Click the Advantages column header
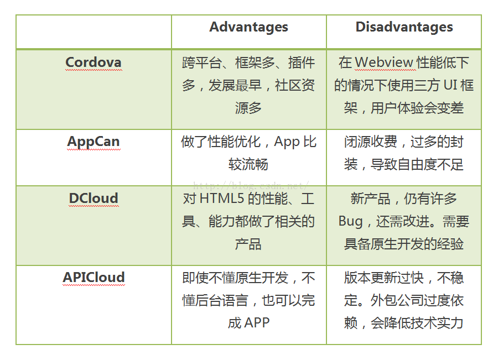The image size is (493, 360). (x=248, y=27)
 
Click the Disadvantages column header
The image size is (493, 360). (x=404, y=27)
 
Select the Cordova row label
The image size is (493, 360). (x=94, y=62)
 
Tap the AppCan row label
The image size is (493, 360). (x=94, y=142)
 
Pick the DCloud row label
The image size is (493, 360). (x=94, y=198)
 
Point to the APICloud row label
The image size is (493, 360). (x=94, y=278)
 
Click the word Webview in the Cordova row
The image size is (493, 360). (x=384, y=62)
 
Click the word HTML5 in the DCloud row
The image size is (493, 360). (x=221, y=198)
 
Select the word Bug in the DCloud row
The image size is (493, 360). (x=350, y=221)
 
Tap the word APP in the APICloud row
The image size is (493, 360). (x=257, y=322)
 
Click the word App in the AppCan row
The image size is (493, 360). (x=287, y=142)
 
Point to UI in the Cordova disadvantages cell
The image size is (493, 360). (x=450, y=85)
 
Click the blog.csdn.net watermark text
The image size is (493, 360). (x=251, y=186)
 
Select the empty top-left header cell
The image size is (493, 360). (x=94, y=32)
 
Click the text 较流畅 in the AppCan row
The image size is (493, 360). (x=248, y=164)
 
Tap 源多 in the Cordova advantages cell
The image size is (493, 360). (x=248, y=108)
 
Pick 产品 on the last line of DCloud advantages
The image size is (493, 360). (x=248, y=244)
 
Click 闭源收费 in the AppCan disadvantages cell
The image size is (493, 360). (x=370, y=142)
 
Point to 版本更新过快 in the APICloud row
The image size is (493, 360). (x=383, y=278)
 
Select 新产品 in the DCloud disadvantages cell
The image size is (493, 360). (x=370, y=199)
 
